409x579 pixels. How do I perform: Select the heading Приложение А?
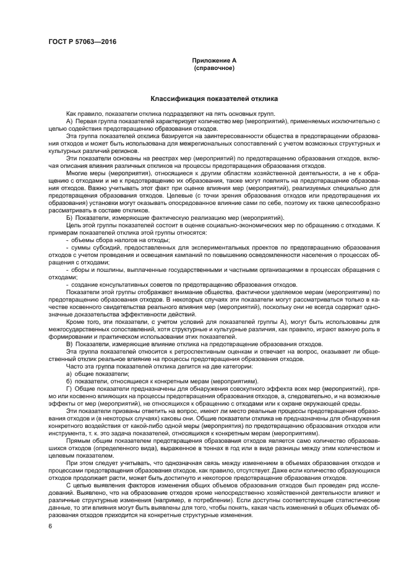[215, 61]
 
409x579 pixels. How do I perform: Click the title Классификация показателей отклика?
[214, 98]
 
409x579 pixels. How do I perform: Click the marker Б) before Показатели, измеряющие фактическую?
[69, 218]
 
